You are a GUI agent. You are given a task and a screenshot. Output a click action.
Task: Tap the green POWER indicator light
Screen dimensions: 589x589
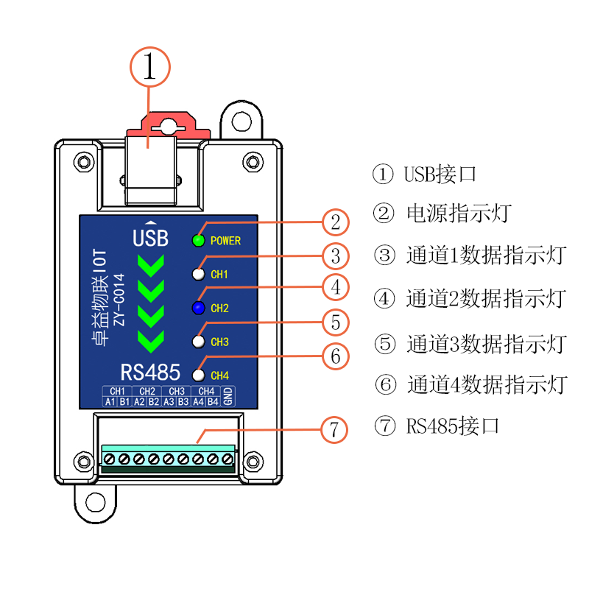pos(198,240)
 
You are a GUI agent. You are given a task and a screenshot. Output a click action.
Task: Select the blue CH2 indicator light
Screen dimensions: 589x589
pos(198,308)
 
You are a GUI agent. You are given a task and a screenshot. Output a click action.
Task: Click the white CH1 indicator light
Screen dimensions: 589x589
pos(198,275)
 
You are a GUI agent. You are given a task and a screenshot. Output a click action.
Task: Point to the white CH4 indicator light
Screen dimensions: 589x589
pos(198,375)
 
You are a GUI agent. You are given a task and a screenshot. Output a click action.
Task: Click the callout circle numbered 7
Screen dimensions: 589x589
pos(334,429)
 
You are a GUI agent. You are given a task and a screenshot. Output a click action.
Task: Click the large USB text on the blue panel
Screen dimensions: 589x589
pos(150,239)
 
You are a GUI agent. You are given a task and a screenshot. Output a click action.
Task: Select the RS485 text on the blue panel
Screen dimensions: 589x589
pos(151,371)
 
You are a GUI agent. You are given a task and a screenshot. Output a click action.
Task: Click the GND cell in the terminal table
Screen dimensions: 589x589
pos(228,396)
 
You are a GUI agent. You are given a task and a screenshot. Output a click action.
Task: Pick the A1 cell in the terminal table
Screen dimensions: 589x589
pos(109,402)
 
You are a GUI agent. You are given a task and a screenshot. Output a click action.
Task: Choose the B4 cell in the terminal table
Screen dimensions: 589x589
pos(213,402)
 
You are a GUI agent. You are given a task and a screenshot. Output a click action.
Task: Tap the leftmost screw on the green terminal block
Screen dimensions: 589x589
pos(109,459)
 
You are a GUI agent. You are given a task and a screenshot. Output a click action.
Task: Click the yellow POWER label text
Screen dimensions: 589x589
pos(225,241)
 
